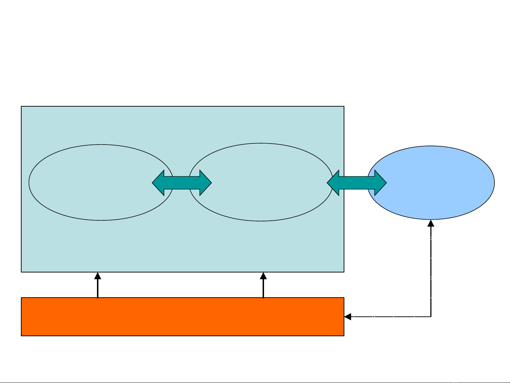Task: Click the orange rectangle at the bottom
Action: point(183,317)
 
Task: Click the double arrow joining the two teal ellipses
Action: point(182,183)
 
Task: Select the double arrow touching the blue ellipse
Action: point(357,183)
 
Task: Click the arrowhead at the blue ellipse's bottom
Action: point(431,223)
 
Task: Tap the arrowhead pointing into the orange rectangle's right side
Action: point(348,317)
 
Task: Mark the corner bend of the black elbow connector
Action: point(431,317)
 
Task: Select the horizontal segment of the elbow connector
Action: point(389,317)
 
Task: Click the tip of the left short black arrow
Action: point(98,273)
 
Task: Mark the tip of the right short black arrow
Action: point(263,273)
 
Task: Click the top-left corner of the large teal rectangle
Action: point(22,106)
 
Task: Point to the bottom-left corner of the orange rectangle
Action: point(22,336)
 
